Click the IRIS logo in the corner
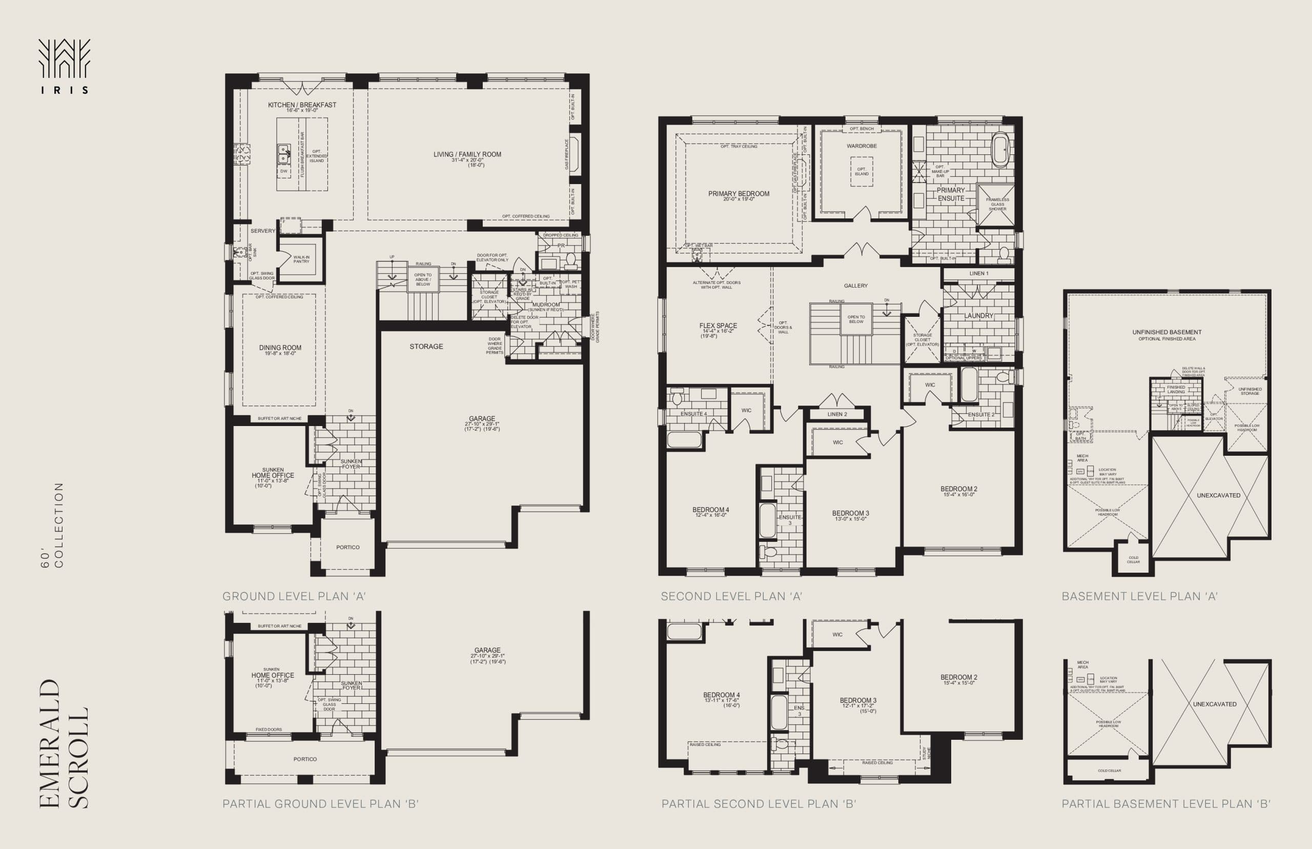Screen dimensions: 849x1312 (64, 66)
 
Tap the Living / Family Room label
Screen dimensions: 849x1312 (467, 154)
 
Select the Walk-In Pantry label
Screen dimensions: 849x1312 (301, 259)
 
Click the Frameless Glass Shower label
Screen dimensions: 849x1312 (997, 204)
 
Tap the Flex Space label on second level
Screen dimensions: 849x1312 (718, 326)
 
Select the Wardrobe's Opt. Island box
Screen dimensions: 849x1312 (862, 171)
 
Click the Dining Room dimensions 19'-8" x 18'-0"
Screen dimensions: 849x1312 (280, 353)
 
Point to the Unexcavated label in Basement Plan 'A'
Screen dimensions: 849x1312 (1218, 495)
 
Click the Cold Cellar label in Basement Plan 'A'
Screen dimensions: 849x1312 (1133, 559)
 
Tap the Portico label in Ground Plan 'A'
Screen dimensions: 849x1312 (347, 548)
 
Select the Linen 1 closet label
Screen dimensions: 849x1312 (979, 273)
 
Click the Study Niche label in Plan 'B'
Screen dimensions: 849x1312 (926, 753)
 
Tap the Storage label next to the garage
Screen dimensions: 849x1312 (426, 347)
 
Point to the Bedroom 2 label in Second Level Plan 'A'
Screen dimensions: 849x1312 (959, 489)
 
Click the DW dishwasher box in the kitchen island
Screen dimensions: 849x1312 (284, 171)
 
